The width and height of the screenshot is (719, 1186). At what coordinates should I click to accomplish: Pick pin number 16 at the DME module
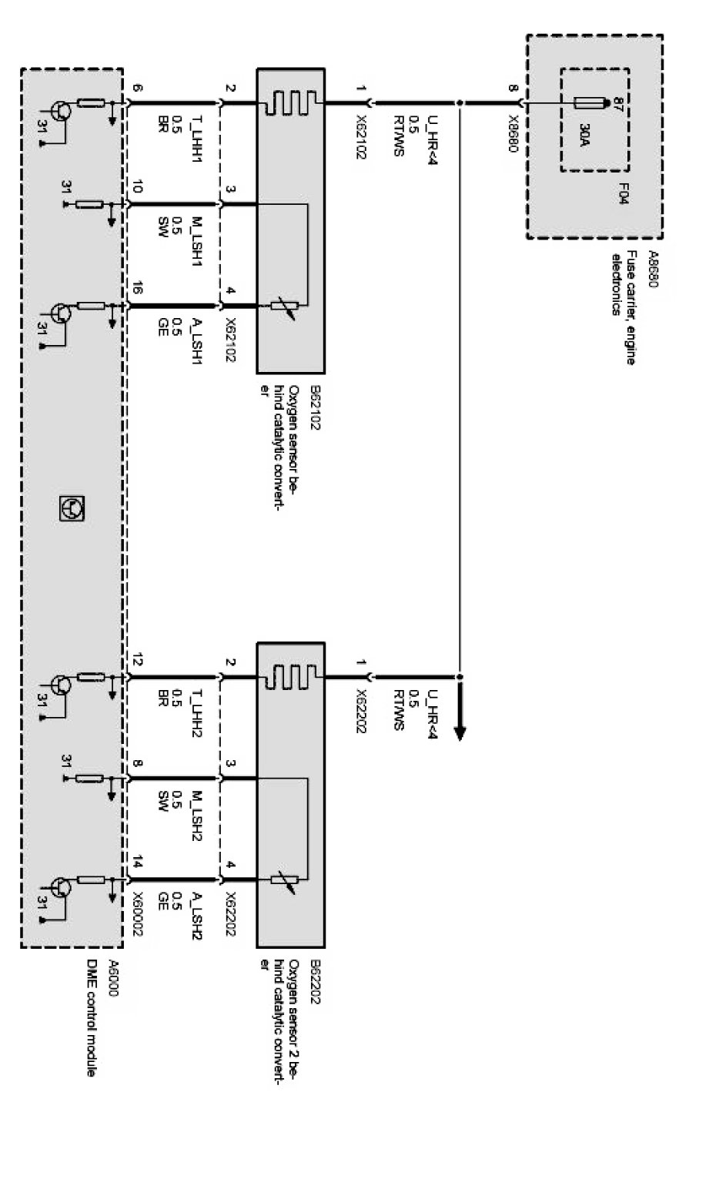138,293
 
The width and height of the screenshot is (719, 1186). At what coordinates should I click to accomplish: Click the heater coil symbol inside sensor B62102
290,102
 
